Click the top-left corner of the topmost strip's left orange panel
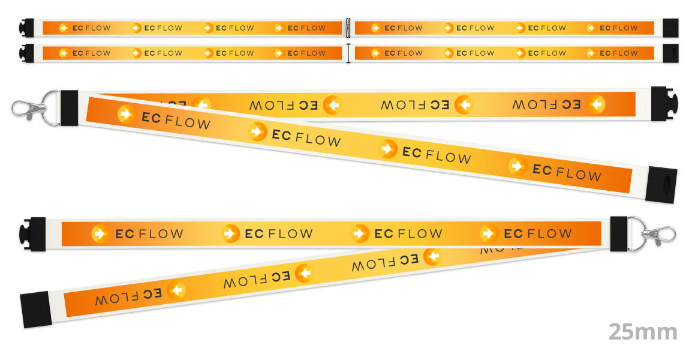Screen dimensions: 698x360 pyautogui.click(x=43, y=22)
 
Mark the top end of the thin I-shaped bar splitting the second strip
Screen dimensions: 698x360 pyautogui.click(x=348, y=45)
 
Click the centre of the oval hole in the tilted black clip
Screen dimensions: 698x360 pyautogui.click(x=666, y=185)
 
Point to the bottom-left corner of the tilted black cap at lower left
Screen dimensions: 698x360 pyautogui.click(x=23, y=328)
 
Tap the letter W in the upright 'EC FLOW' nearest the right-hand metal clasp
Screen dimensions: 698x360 pyautogui.click(x=564, y=233)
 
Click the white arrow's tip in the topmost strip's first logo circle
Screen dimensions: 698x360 pyautogui.click(x=67, y=28)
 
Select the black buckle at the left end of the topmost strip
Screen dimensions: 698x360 pyautogui.click(x=27, y=28)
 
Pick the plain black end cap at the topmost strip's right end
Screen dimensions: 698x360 pyautogui.click(x=670, y=28)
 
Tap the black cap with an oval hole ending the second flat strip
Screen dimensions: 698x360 pyautogui.click(x=670, y=53)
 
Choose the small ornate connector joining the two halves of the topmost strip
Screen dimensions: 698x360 pyautogui.click(x=348, y=28)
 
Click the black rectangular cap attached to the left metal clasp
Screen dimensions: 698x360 pyautogui.click(x=69, y=108)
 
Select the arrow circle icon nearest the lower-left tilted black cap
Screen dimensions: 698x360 pyautogui.click(x=176, y=290)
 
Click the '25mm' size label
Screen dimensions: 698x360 pyautogui.click(x=643, y=332)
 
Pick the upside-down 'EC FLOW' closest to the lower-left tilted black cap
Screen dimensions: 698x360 pyautogui.click(x=129, y=297)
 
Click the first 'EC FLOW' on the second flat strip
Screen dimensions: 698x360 pyautogui.click(x=92, y=53)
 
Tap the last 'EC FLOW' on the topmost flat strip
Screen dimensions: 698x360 pyautogui.click(x=619, y=28)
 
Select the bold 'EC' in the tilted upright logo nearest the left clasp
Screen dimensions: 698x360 pyautogui.click(x=151, y=118)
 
